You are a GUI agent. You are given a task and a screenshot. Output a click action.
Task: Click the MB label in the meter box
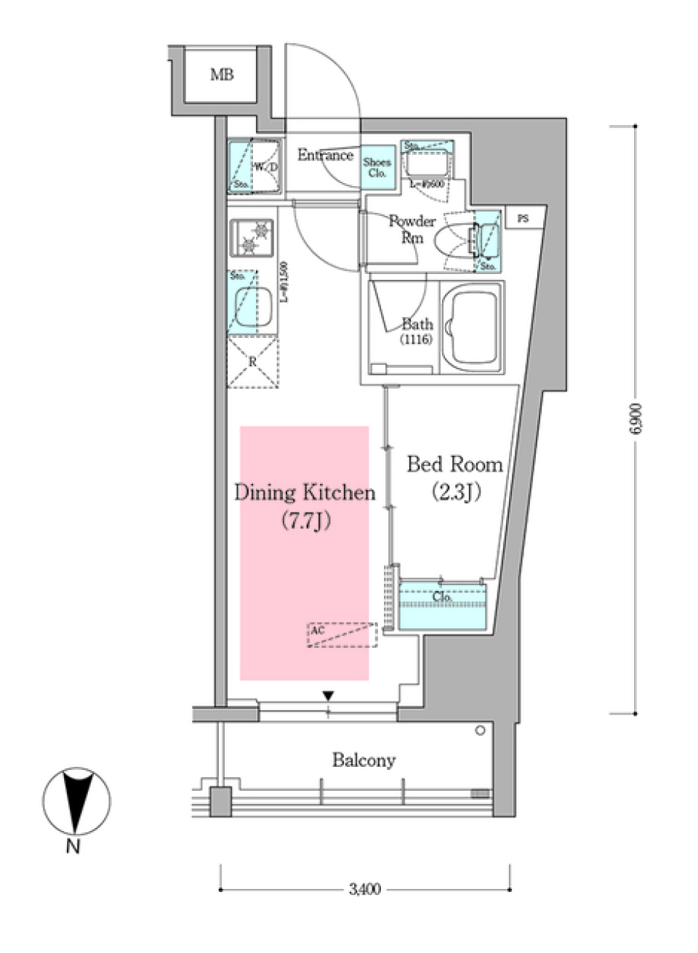point(222,74)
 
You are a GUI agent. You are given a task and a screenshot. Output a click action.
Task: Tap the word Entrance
point(324,155)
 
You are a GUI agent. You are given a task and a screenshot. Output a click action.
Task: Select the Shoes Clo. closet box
point(377,168)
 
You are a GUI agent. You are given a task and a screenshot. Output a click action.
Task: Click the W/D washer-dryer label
point(265,167)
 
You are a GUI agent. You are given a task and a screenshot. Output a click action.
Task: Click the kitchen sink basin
point(252,306)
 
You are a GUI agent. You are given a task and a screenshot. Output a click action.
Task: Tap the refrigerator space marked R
point(252,361)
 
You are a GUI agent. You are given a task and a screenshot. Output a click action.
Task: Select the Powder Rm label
point(412,228)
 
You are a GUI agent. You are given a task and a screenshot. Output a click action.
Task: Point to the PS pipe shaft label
point(523,218)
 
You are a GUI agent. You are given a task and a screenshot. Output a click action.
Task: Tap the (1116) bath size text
point(416,339)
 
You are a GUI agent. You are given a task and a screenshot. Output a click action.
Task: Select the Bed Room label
point(454,464)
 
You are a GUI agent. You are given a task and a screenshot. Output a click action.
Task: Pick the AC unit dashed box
point(342,635)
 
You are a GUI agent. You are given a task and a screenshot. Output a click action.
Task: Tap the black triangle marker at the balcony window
point(329,696)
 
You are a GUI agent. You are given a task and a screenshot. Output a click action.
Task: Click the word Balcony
point(364,760)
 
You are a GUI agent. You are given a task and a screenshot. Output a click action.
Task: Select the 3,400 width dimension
point(364,888)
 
